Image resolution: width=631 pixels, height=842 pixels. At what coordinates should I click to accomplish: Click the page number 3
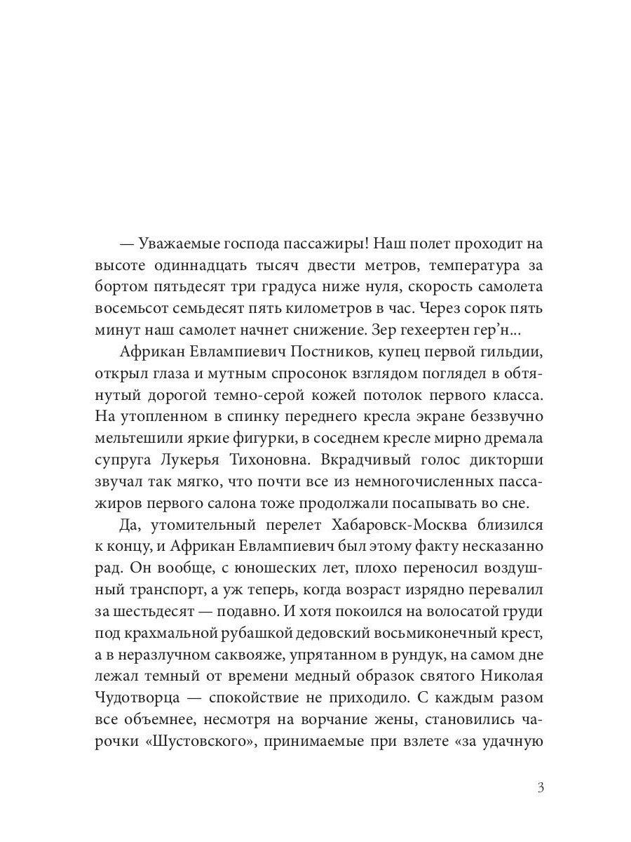tap(541, 787)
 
